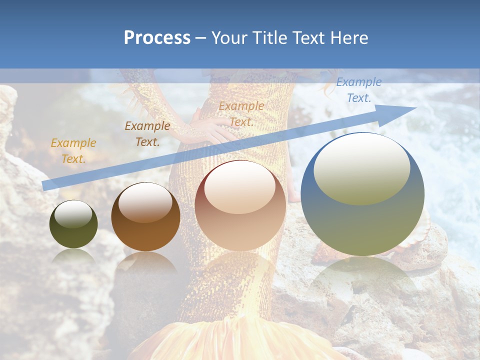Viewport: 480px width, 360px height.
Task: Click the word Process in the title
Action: coord(157,38)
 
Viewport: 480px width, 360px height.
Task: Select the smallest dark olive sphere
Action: coord(73,224)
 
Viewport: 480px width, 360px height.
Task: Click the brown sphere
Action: coord(145,217)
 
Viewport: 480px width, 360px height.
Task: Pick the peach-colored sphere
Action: coord(240,205)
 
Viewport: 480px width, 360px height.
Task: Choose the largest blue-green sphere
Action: coord(362,194)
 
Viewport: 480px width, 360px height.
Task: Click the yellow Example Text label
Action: coord(73,151)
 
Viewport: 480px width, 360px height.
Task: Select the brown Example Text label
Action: coord(147,134)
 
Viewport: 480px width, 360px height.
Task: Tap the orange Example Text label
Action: coord(241,114)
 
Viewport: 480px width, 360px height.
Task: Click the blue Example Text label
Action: coord(358,90)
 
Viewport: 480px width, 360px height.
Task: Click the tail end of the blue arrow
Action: coord(46,185)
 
